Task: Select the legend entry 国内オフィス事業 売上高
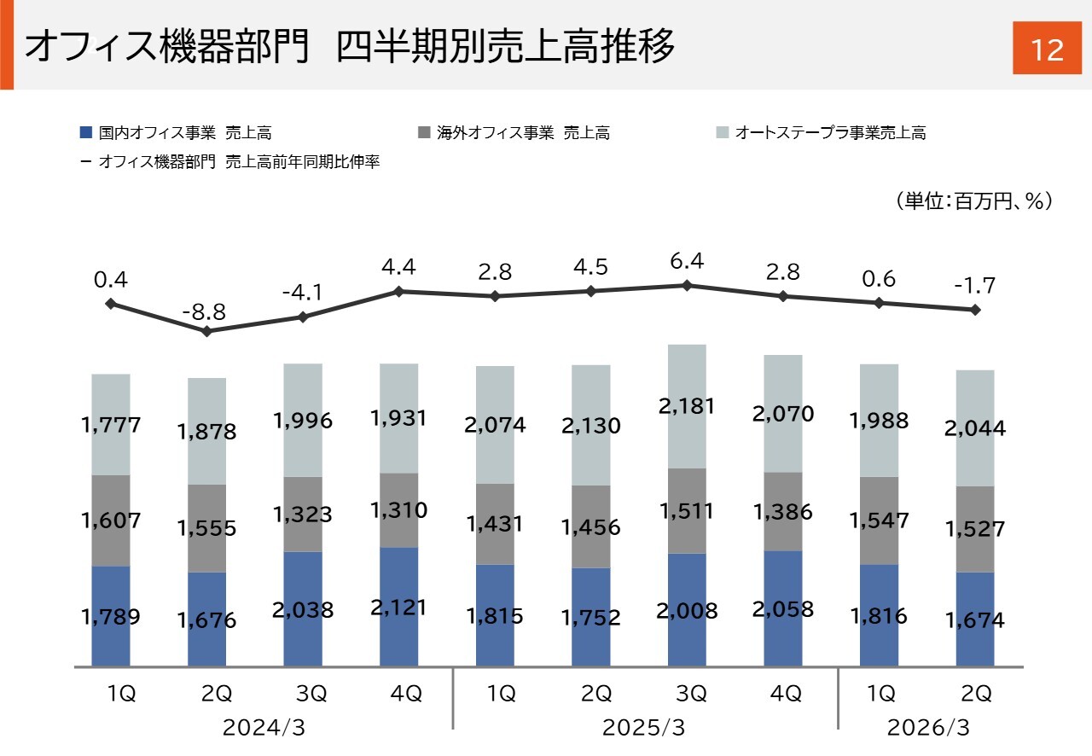point(175,132)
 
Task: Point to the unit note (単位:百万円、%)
point(973,201)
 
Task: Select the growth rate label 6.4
point(687,261)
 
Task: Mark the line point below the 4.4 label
point(398,292)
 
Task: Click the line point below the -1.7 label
point(976,310)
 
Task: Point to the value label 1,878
point(206,432)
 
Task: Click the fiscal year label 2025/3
point(644,728)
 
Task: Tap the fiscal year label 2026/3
point(928,728)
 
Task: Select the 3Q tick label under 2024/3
point(303,694)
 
